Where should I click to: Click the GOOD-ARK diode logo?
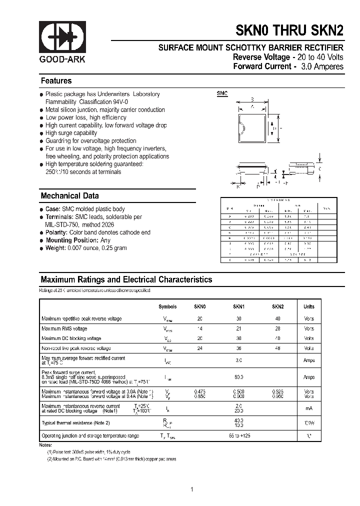(x=63, y=37)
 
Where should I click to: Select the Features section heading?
(x=56, y=81)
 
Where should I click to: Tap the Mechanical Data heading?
(x=69, y=196)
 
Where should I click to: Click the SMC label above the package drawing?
(x=222, y=93)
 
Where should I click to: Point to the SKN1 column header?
(x=238, y=307)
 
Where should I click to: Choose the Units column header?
(x=309, y=307)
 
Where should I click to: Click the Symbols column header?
(x=167, y=307)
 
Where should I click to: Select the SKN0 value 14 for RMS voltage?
(x=199, y=328)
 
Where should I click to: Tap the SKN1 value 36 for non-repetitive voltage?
(x=238, y=348)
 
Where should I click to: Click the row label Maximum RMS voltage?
(x=64, y=328)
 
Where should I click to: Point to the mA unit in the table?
(x=309, y=408)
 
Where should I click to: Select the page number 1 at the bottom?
(x=191, y=489)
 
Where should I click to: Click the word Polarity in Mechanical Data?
(x=56, y=232)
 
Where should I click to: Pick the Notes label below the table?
(x=45, y=444)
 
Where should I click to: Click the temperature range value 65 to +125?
(x=238, y=436)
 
